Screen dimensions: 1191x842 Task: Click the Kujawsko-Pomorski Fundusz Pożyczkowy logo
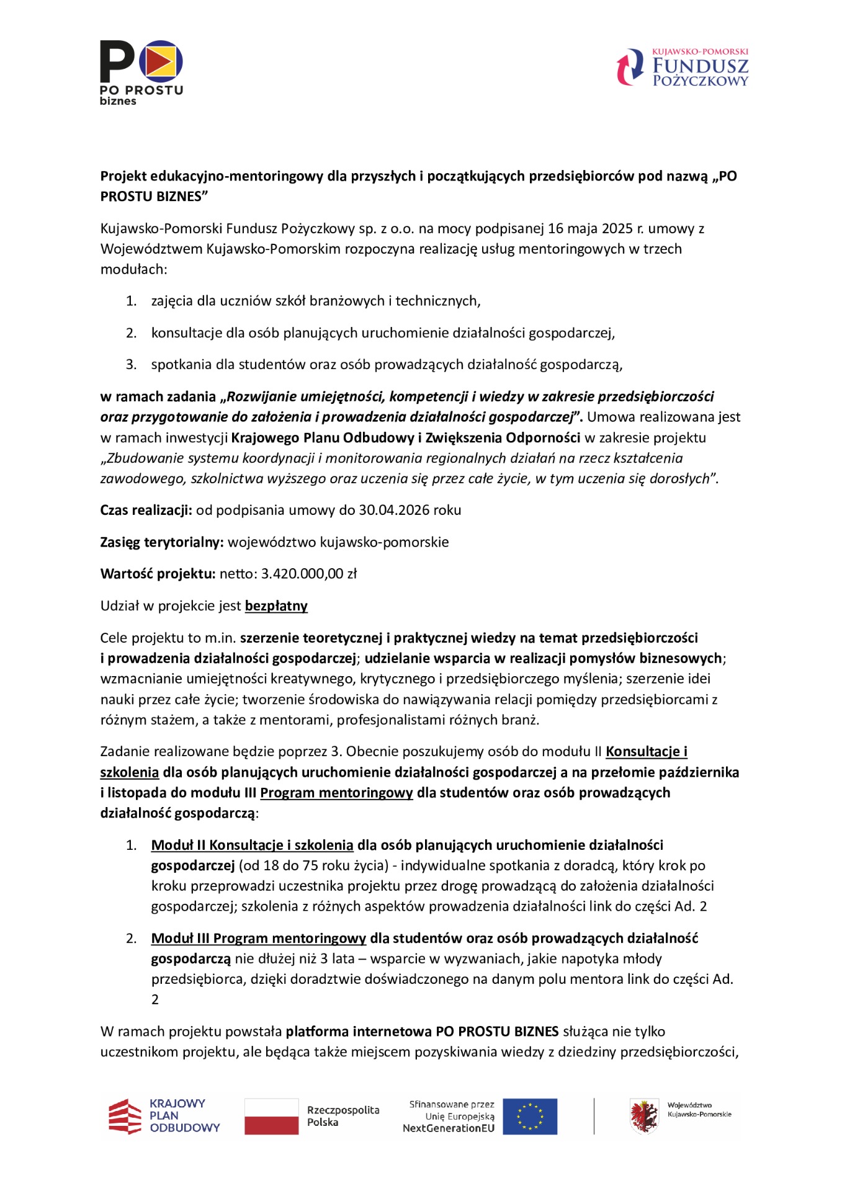(682, 67)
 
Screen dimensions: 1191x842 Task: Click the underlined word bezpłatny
(276, 606)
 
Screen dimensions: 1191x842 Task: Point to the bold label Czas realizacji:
(146, 511)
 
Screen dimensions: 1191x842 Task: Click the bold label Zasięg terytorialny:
(161, 542)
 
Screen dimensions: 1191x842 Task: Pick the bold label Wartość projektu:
(158, 574)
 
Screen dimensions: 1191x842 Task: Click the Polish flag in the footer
(271, 1117)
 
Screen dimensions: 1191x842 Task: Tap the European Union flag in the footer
(529, 1117)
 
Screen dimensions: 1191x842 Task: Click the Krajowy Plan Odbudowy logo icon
(125, 1117)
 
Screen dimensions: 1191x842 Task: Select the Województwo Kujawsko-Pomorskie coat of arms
(644, 1116)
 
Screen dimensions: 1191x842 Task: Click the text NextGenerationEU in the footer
(448, 1128)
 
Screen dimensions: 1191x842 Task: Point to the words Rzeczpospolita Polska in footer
(343, 1116)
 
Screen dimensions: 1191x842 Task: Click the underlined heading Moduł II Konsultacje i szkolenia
(252, 845)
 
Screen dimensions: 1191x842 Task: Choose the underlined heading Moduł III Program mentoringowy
(258, 938)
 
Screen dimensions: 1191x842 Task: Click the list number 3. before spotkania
(131, 365)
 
